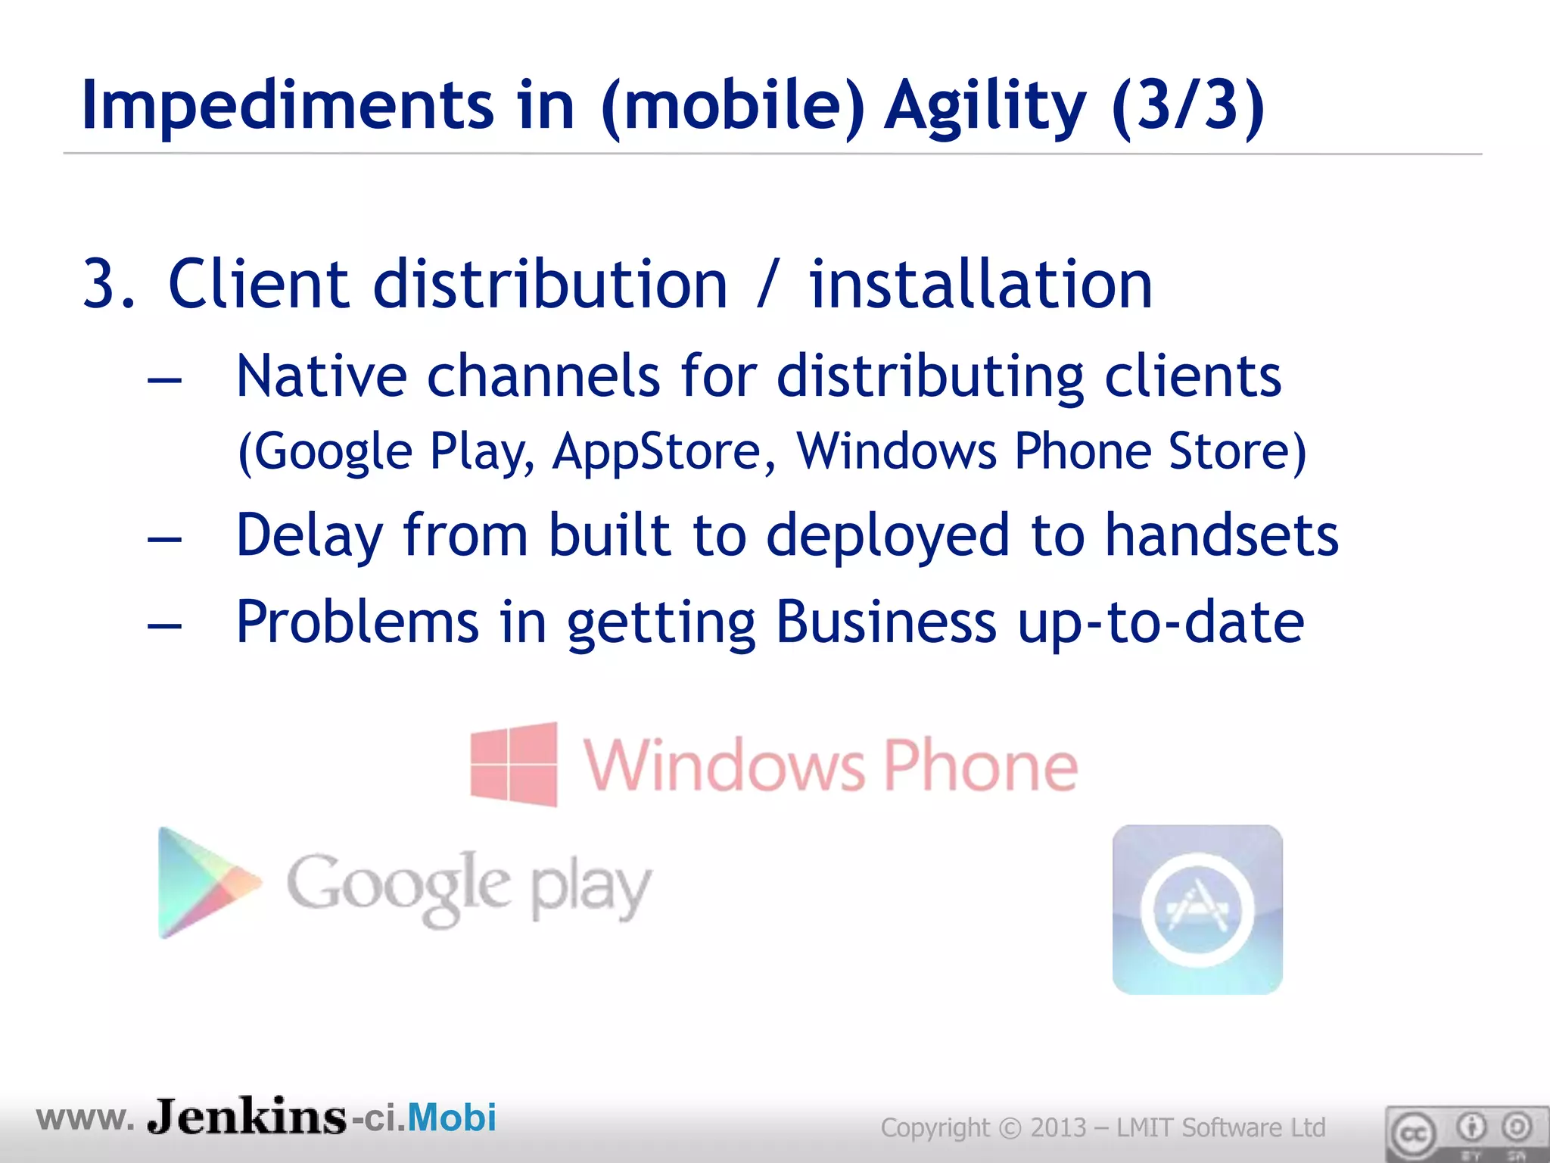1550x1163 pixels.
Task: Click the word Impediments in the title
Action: pos(288,106)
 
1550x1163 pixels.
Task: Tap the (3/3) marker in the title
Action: pos(1188,106)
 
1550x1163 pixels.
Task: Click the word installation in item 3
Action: pos(981,285)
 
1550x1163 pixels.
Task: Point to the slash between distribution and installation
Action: pos(767,286)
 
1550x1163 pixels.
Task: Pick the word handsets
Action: pos(1222,536)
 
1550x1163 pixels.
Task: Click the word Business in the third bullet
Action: pos(885,622)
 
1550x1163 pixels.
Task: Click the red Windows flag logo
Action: pos(514,764)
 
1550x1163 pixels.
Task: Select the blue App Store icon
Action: pos(1197,909)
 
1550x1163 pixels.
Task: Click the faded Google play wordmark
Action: pos(468,887)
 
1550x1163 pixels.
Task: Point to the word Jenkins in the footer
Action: pos(247,1117)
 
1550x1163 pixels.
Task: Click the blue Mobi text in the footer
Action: pos(452,1118)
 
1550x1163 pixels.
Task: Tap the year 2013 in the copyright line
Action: pos(1058,1127)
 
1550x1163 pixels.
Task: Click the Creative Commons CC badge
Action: pos(1413,1134)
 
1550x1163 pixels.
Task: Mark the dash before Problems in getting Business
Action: pos(165,625)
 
